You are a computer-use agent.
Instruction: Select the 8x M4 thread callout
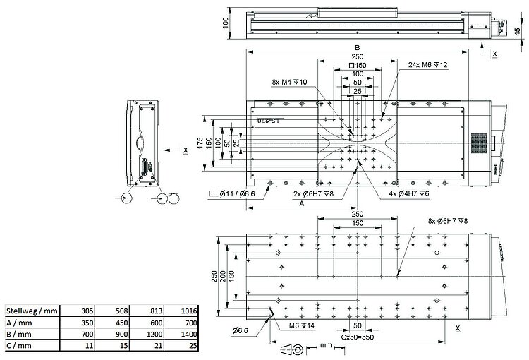[x=289, y=83]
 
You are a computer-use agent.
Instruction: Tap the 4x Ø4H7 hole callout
[x=410, y=192]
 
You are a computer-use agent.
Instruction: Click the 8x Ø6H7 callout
[x=448, y=221]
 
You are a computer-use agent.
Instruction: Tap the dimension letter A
[x=302, y=203]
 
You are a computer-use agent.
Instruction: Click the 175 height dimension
[x=200, y=142]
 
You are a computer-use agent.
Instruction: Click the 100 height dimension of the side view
[x=226, y=23]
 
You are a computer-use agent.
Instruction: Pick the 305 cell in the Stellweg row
[x=87, y=310]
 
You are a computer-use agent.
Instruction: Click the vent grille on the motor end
[x=480, y=142]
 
